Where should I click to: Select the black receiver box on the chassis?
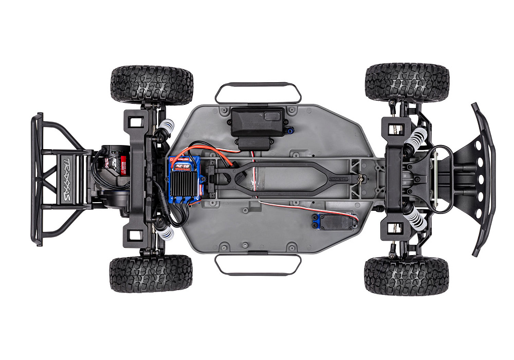(x=258, y=122)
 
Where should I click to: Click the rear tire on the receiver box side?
(x=152, y=85)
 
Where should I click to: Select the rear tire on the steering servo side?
(x=151, y=273)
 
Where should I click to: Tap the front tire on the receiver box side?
(x=407, y=82)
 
